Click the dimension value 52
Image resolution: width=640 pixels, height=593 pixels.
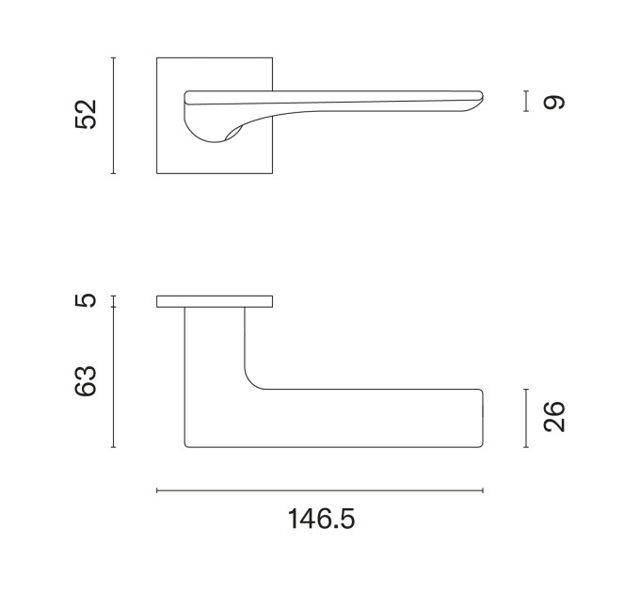pos(86,115)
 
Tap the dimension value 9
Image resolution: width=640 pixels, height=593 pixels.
pos(553,102)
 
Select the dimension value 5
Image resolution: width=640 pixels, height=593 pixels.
pos(86,300)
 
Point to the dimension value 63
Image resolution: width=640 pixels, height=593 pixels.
pos(86,381)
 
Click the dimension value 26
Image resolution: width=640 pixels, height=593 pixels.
pos(553,417)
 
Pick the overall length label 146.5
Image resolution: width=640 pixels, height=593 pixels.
pos(321,520)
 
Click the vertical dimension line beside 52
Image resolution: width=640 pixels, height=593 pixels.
pos(114,116)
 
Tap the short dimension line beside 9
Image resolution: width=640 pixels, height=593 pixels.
pos(526,101)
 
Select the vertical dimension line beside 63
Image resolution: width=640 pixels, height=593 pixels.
pos(114,377)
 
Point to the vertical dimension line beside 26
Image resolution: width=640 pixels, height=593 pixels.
pos(526,418)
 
